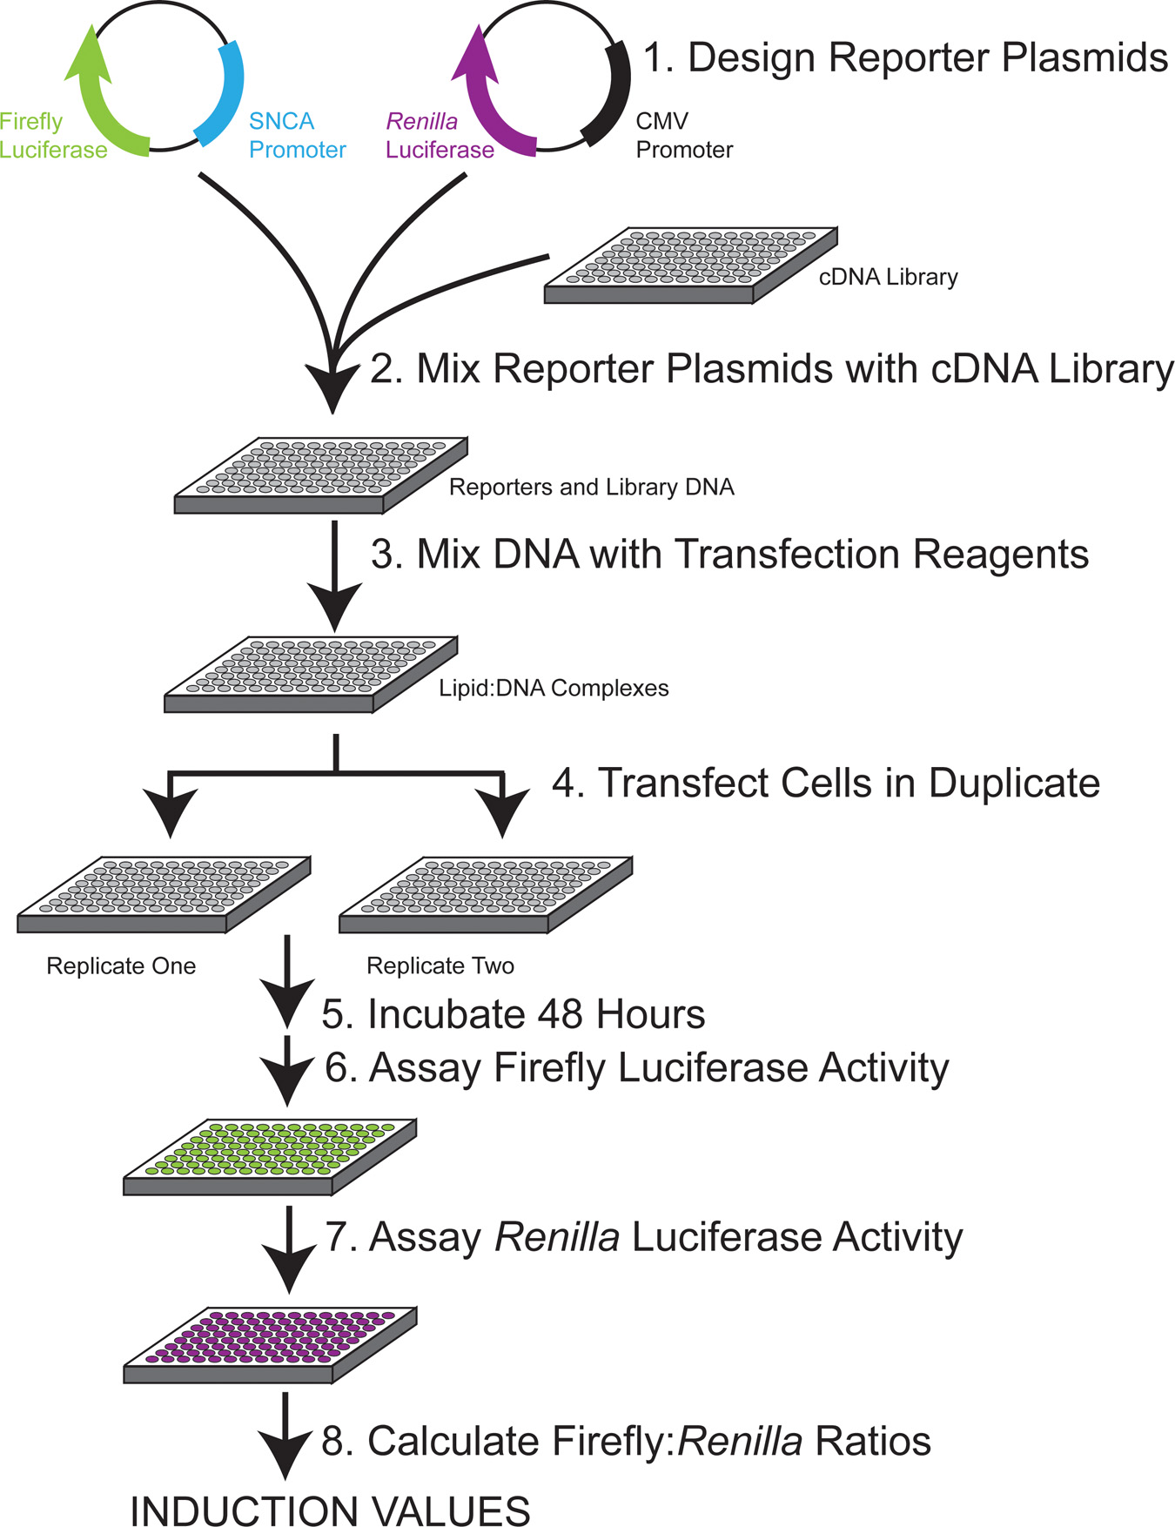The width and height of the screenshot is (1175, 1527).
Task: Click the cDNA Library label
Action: click(888, 277)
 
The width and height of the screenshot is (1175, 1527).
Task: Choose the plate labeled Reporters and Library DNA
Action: click(321, 474)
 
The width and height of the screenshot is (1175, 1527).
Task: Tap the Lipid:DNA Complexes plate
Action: click(311, 675)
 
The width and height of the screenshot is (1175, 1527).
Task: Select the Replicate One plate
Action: click(164, 894)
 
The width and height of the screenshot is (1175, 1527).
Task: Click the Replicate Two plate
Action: click(486, 894)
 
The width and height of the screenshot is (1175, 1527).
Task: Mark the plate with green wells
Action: click(270, 1155)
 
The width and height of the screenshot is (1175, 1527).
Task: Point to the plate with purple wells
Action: click(270, 1343)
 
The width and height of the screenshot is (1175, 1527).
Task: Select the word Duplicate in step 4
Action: click(1014, 783)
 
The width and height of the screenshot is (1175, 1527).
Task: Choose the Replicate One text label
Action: click(121, 966)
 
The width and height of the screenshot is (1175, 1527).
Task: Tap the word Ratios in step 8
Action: click(873, 1442)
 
